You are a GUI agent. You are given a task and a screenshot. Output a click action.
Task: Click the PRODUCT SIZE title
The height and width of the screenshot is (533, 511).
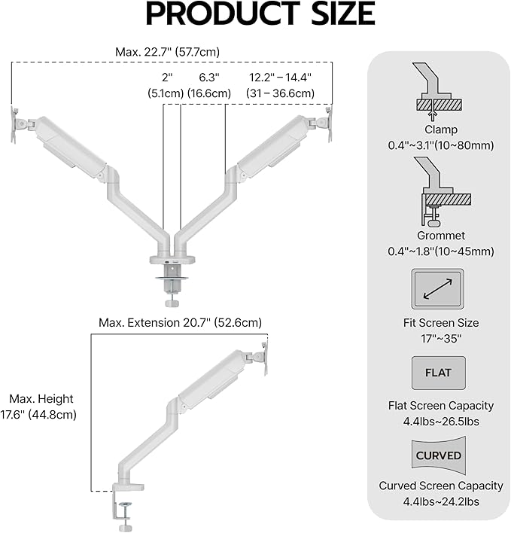tap(260, 15)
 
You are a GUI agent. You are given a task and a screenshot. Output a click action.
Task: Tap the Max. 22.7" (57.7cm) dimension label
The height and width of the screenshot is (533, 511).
tap(167, 52)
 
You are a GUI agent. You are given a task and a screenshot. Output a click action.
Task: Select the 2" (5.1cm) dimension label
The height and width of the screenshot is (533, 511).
tap(166, 85)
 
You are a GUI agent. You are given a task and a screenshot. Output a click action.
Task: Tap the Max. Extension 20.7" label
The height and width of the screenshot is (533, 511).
tap(180, 322)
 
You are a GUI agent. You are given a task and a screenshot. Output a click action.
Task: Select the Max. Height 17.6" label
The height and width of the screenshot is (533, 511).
tap(42, 407)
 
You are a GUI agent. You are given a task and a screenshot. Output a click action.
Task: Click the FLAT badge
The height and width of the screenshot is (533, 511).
tap(439, 373)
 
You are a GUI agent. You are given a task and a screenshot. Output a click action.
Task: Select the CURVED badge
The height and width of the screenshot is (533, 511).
tap(439, 455)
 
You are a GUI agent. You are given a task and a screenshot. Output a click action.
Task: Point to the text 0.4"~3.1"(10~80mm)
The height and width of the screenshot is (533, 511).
tap(440, 145)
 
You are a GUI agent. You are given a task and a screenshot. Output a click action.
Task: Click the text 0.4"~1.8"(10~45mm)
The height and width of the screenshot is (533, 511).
tap(440, 251)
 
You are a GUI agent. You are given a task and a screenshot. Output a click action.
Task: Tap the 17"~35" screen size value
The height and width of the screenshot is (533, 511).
tap(440, 339)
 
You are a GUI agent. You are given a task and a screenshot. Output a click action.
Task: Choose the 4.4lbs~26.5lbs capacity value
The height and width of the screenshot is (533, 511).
tap(440, 422)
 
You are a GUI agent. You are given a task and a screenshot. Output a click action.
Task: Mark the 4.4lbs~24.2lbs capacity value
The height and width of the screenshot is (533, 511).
tap(440, 502)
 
